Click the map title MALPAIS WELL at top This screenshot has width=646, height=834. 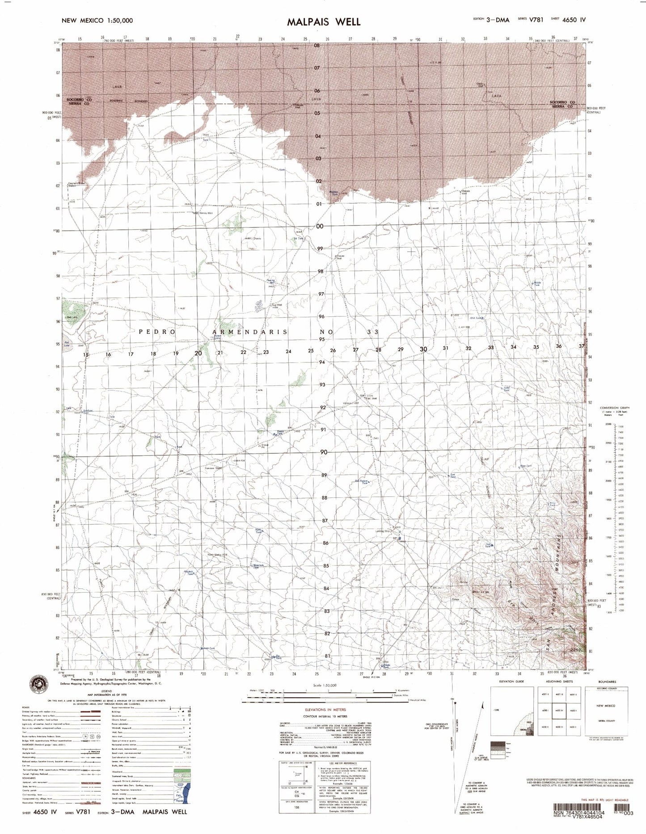click(x=323, y=21)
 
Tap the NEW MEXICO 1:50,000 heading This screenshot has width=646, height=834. click(x=97, y=20)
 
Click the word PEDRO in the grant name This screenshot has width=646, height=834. click(x=157, y=332)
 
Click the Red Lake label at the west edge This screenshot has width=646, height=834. click(x=67, y=345)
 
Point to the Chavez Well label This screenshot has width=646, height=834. click(x=339, y=257)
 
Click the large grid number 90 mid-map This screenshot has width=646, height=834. click(x=323, y=452)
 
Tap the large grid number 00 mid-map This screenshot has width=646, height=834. click(x=319, y=226)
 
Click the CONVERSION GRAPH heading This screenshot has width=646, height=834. click(x=614, y=408)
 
